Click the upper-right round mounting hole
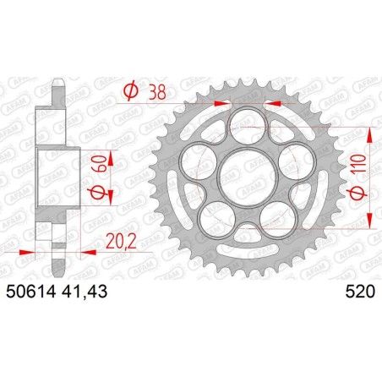(292, 156)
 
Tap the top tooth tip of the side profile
(57, 84)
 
